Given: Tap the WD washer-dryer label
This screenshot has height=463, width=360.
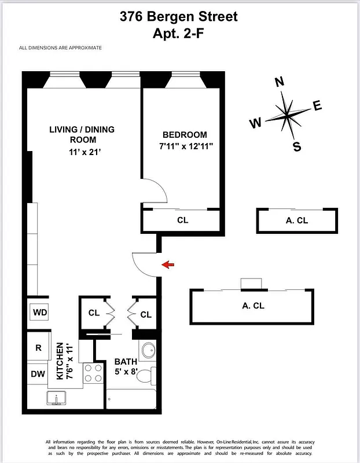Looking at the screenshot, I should [40, 313].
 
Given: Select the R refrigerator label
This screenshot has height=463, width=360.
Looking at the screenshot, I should [39, 348].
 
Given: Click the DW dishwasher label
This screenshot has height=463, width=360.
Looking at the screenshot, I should [38, 374].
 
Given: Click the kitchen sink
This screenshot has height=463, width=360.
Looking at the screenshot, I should [58, 398].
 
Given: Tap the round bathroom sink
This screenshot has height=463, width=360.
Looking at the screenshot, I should [149, 350].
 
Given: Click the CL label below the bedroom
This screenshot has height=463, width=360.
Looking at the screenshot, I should [182, 220].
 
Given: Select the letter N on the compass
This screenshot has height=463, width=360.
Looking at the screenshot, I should [280, 82].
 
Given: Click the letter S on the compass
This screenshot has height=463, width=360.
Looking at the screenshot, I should [297, 146].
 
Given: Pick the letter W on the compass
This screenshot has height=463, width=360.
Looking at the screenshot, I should [255, 123].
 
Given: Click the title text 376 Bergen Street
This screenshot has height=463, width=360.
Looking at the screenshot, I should [179, 17].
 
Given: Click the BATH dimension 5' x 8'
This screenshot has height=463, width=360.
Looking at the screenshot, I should [125, 372].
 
